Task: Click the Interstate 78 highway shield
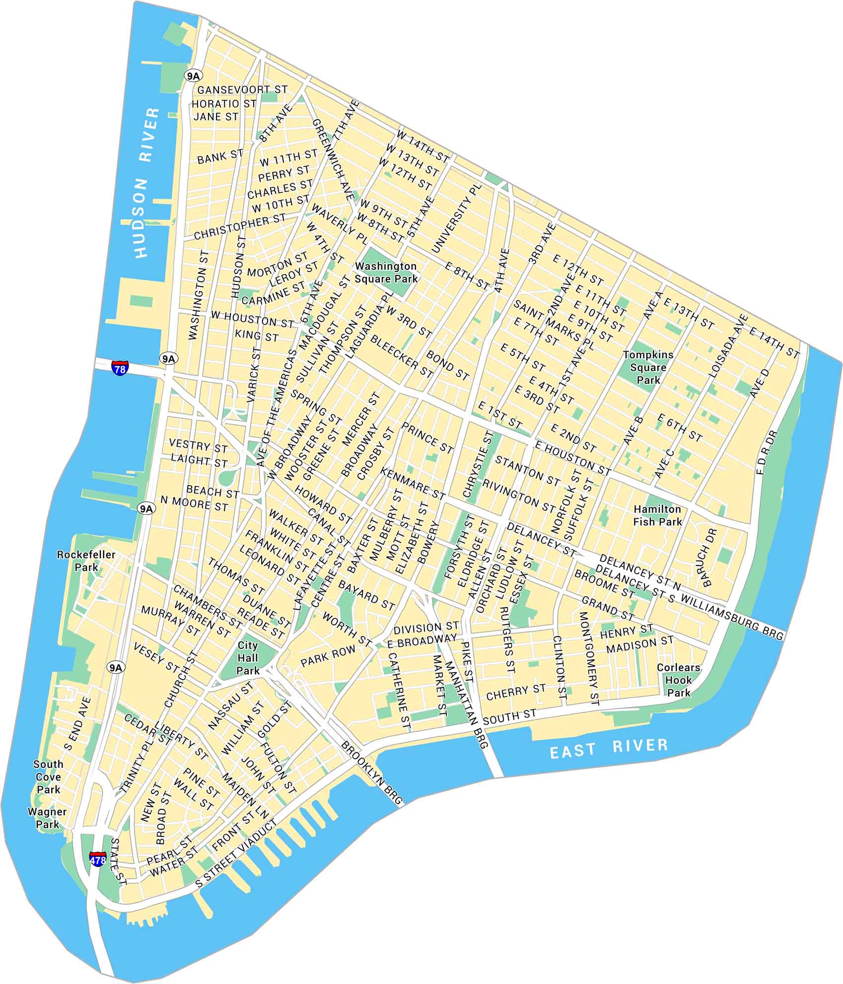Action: (120, 368)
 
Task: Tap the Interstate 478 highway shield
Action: (98, 858)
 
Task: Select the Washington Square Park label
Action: (386, 273)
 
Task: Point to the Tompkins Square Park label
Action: (648, 367)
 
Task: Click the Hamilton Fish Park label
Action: (657, 515)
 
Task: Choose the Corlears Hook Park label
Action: (678, 680)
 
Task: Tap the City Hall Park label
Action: (248, 658)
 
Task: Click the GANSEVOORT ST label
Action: (242, 90)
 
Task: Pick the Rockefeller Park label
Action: (86, 561)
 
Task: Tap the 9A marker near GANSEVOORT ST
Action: (193, 75)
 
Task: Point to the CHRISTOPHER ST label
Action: (240, 227)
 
